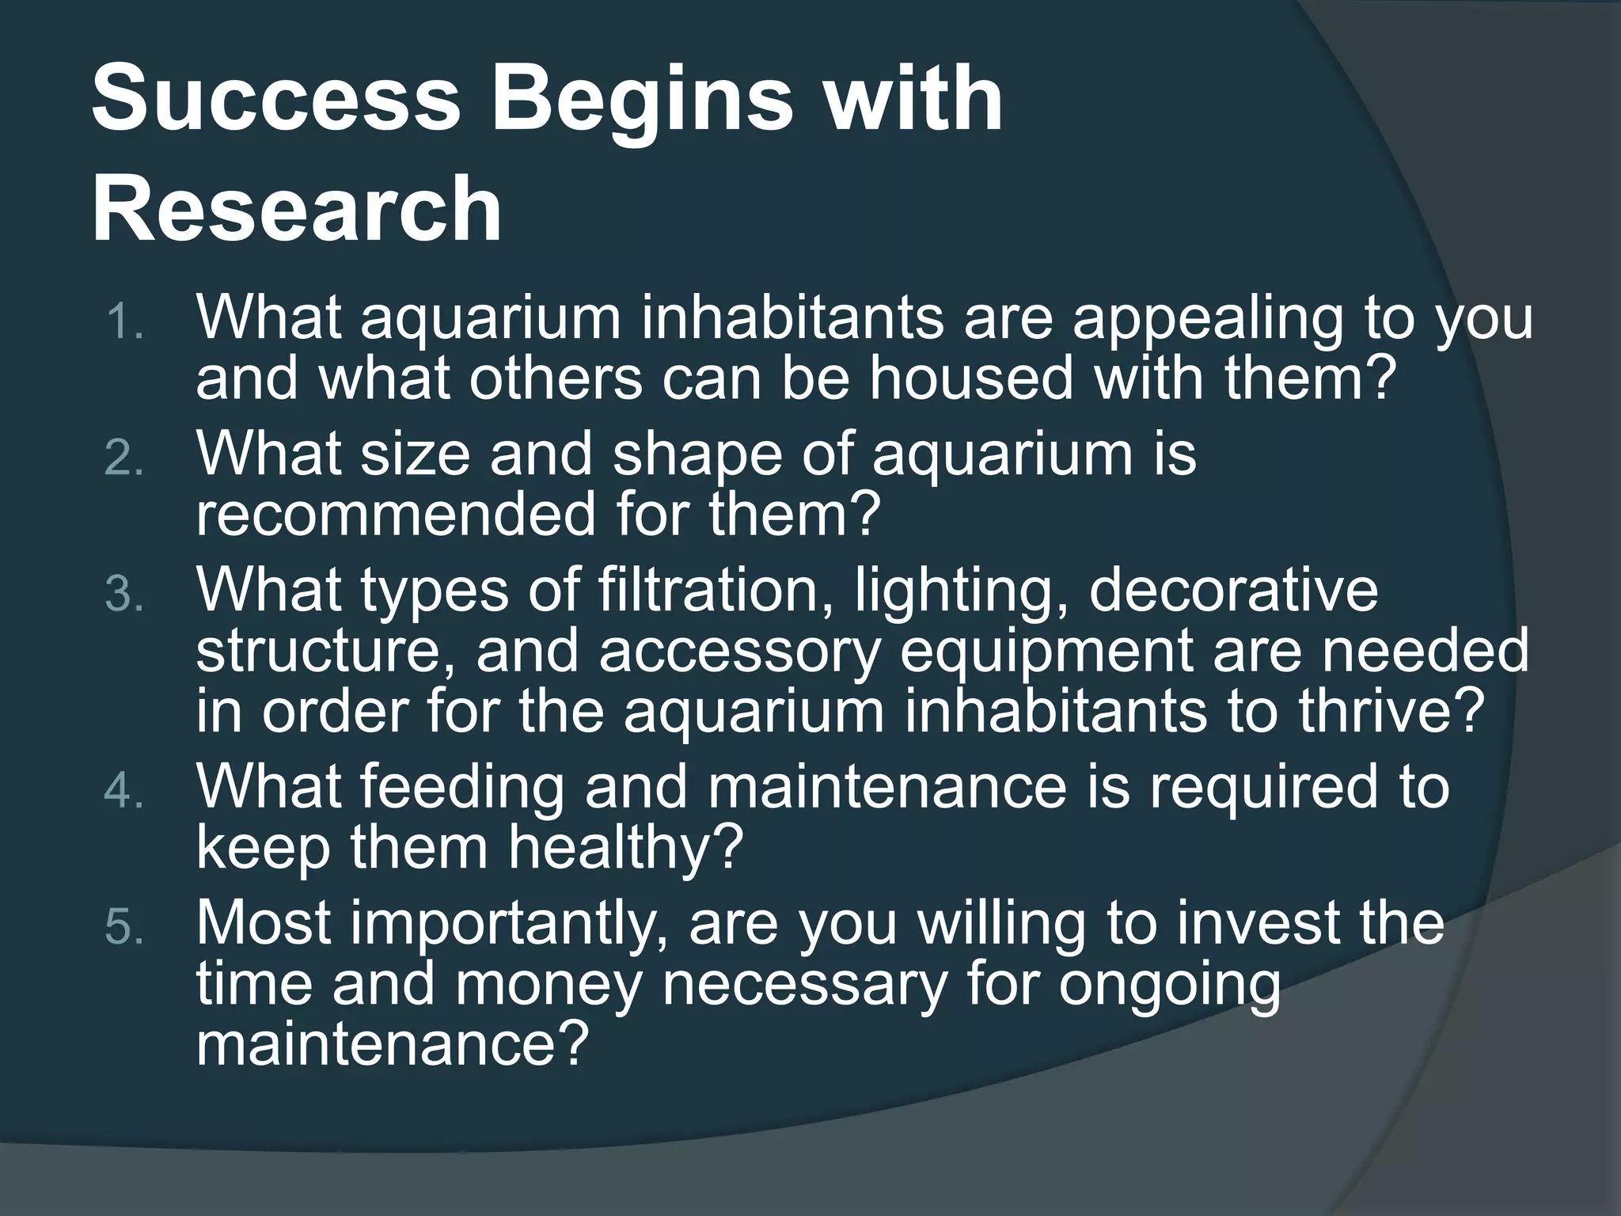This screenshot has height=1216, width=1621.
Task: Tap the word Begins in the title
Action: (641, 101)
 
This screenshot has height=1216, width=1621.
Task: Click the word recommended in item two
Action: (396, 515)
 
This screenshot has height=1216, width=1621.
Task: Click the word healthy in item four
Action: (625, 849)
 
